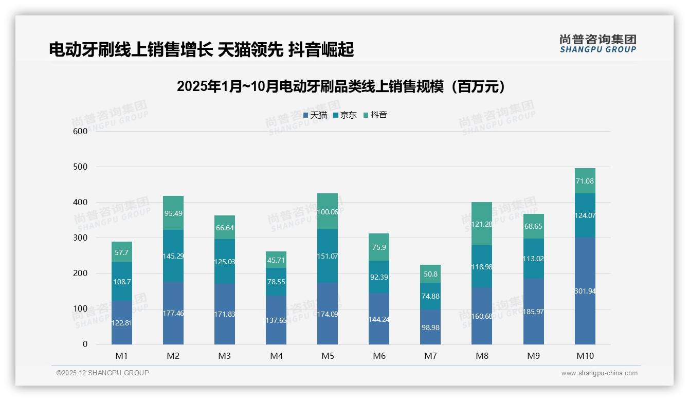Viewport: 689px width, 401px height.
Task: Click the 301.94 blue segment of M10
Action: pyautogui.click(x=585, y=291)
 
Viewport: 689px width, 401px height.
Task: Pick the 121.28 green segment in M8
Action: pyautogui.click(x=482, y=224)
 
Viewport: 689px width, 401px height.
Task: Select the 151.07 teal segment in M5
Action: pyautogui.click(x=328, y=256)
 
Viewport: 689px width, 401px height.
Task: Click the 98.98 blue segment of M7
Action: pyautogui.click(x=430, y=327)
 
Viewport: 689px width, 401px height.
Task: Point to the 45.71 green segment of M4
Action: pyautogui.click(x=276, y=260)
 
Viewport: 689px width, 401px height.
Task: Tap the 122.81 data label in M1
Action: pyautogui.click(x=122, y=323)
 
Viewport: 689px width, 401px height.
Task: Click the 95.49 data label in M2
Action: pyautogui.click(x=173, y=213)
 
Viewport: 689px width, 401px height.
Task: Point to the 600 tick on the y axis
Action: pyautogui.click(x=80, y=131)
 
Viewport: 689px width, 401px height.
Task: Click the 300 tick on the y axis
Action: pyautogui.click(x=80, y=238)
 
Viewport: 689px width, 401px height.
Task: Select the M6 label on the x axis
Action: pyautogui.click(x=379, y=356)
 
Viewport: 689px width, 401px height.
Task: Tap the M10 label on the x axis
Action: pyautogui.click(x=585, y=356)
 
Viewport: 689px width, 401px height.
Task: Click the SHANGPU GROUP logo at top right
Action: pyautogui.click(x=597, y=44)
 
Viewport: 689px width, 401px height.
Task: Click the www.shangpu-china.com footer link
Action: pyautogui.click(x=599, y=373)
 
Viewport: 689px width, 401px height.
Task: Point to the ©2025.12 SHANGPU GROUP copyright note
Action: pyautogui.click(x=103, y=373)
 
